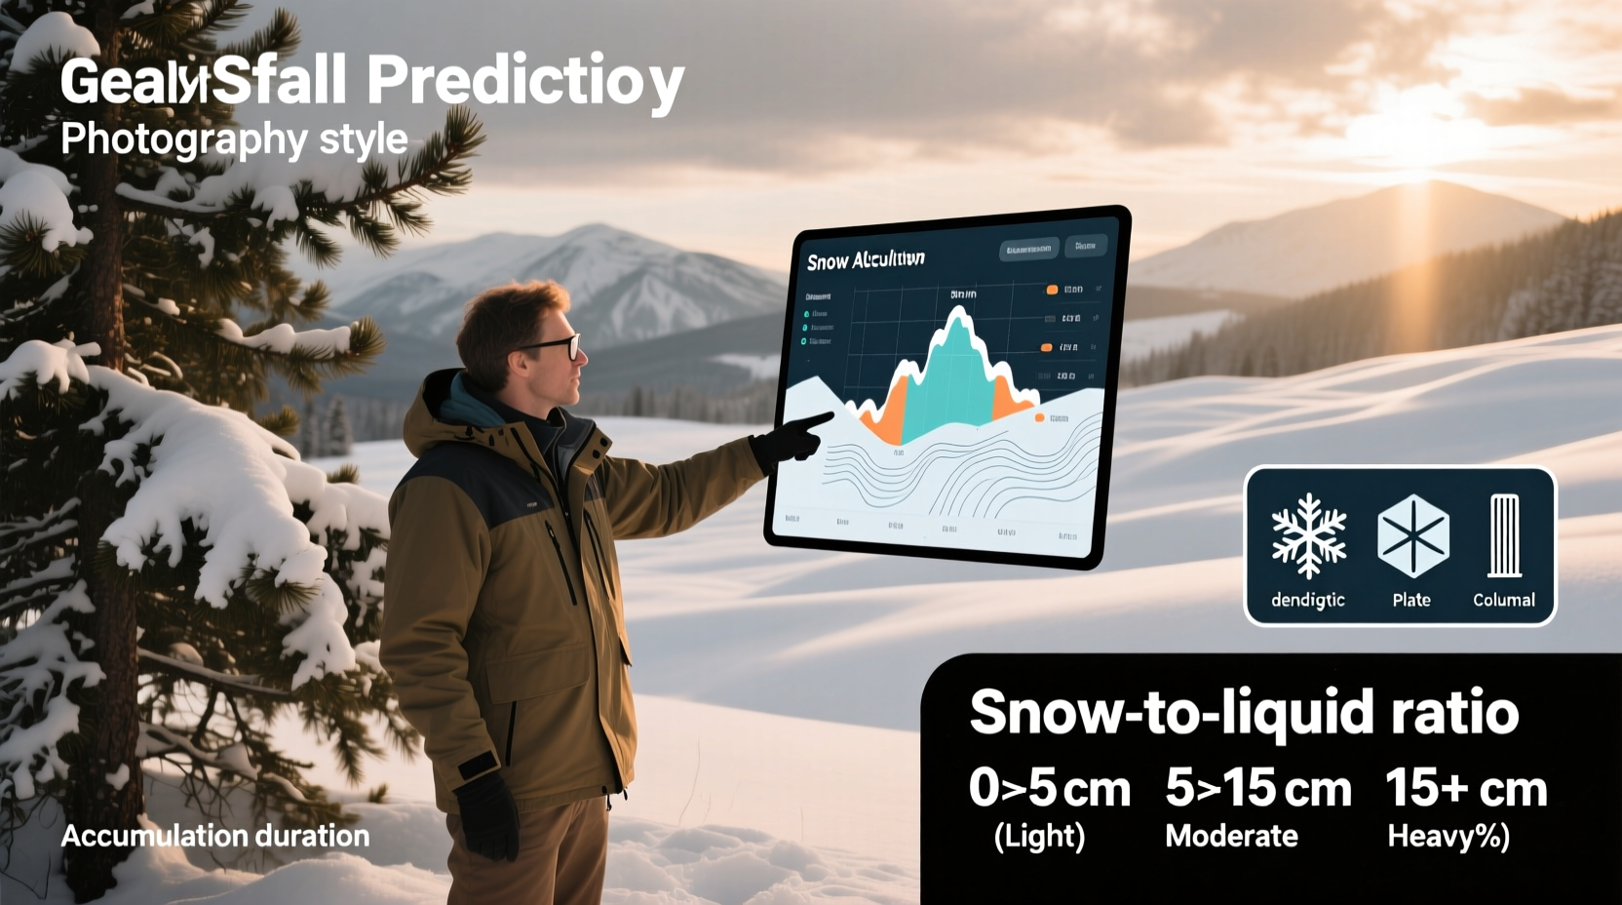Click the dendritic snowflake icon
tap(1308, 535)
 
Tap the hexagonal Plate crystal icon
tap(1411, 535)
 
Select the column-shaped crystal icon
tap(1504, 535)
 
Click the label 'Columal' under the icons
tap(1503, 600)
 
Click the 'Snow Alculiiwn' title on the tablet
tap(866, 259)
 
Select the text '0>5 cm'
tap(1049, 788)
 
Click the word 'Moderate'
tap(1231, 836)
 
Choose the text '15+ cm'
tap(1465, 788)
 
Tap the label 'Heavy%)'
tap(1448, 836)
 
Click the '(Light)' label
tap(1039, 836)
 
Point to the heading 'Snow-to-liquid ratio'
tap(1243, 711)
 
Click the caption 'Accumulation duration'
tap(214, 836)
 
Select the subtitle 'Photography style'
tap(234, 139)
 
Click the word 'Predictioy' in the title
tap(525, 81)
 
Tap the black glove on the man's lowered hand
tap(488, 814)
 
